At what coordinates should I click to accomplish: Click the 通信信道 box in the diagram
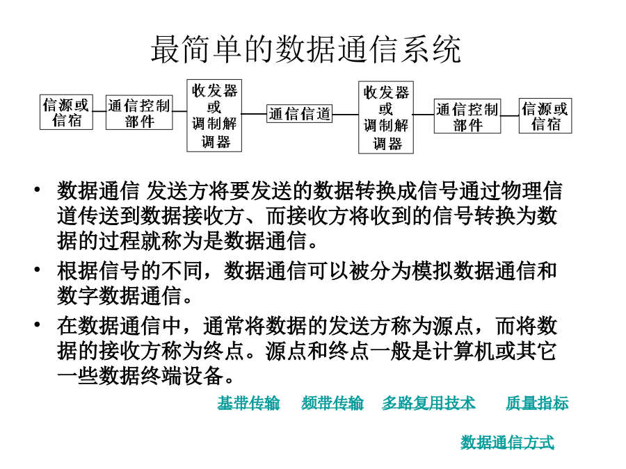[299, 114]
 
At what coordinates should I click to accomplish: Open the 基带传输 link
[248, 403]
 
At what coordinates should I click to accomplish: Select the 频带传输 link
[332, 403]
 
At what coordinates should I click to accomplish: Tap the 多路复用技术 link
[428, 403]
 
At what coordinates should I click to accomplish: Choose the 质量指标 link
[537, 403]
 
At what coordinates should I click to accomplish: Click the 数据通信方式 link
[508, 442]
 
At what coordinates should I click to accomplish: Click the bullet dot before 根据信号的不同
[37, 270]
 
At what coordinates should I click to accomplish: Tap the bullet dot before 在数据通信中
[37, 324]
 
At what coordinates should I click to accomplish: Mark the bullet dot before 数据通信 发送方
[37, 188]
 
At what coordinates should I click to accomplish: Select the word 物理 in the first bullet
[521, 190]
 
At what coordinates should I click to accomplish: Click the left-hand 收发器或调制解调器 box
[214, 115]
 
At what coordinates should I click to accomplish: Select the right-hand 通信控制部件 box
[467, 116]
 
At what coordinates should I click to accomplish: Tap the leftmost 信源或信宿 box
[66, 112]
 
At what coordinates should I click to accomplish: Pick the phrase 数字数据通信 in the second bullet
[119, 296]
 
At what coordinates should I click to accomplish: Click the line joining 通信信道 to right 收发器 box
[345, 114]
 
